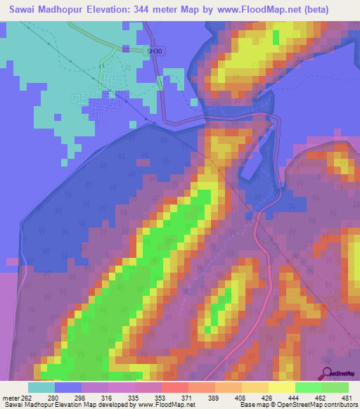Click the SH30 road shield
coord(154,52)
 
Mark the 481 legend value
coord(346,397)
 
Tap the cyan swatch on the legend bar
coord(41,387)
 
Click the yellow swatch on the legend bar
coord(281,387)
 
